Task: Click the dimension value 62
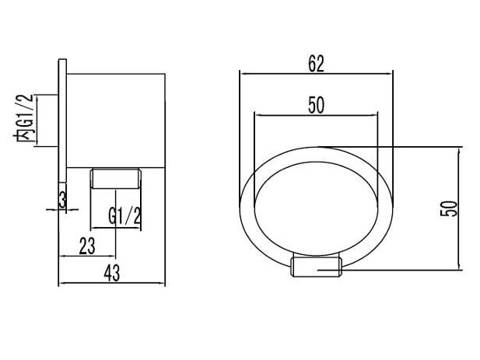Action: (316, 64)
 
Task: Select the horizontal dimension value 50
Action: (316, 105)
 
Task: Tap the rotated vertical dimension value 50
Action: (449, 208)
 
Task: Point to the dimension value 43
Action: (112, 273)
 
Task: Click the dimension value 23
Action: (87, 246)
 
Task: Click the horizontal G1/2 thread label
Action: (125, 215)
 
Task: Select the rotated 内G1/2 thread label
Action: (24, 118)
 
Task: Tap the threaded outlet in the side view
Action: (115, 178)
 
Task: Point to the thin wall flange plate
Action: (62, 121)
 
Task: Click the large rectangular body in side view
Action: (116, 121)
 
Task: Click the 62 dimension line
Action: (316, 73)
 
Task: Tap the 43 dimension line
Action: (112, 283)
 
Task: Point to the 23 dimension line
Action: (87, 256)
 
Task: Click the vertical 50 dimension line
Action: (459, 208)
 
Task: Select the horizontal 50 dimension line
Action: (316, 115)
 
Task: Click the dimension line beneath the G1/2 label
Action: (116, 228)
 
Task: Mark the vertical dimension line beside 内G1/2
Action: (37, 121)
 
